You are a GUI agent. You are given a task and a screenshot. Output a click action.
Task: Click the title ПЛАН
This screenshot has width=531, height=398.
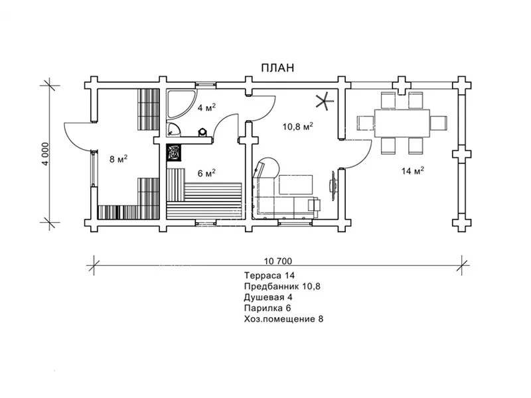[277, 68]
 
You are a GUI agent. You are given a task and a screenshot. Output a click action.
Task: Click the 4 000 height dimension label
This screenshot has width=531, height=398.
[46, 154]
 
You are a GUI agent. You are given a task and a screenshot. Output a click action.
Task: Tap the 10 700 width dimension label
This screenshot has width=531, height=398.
[277, 261]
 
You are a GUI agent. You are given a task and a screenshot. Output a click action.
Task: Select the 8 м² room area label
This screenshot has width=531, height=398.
[119, 159]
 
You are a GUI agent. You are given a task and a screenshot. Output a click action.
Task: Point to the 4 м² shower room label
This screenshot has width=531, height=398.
[206, 107]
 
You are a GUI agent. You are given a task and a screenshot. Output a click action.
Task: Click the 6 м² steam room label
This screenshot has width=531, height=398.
[206, 173]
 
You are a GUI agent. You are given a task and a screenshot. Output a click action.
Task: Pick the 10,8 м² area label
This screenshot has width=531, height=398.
[297, 127]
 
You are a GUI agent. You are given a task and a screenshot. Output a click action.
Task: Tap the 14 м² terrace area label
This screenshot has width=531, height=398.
[413, 171]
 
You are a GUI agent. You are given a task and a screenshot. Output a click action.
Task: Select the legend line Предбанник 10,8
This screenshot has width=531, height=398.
[282, 287]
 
